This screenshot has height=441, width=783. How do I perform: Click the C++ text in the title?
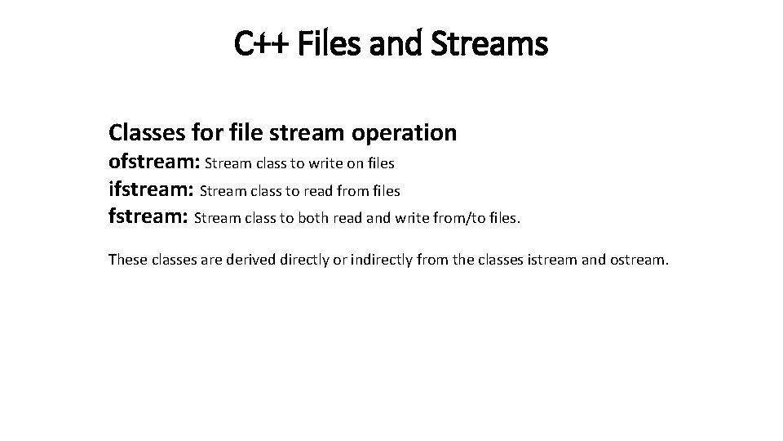(x=256, y=43)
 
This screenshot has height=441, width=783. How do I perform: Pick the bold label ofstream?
(x=154, y=163)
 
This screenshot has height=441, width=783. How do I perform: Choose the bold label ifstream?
(x=152, y=190)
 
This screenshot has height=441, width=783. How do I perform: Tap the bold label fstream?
(x=148, y=218)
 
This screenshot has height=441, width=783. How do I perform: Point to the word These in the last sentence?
(x=127, y=261)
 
